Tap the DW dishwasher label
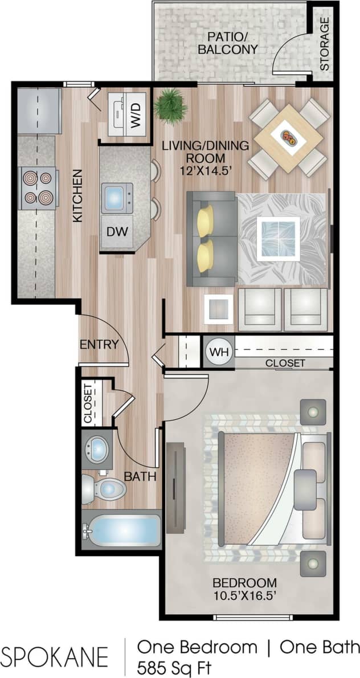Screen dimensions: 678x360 tap(117, 232)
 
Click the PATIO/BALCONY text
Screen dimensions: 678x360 tap(227, 43)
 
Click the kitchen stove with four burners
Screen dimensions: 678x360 tap(38, 187)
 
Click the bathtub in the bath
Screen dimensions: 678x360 tap(122, 531)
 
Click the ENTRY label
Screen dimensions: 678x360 tap(99, 344)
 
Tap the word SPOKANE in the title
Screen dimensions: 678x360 tap(55, 656)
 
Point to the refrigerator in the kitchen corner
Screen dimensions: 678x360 tap(39, 110)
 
